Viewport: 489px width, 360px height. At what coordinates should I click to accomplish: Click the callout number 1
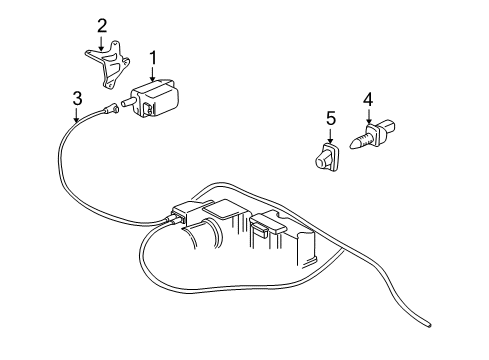[x=153, y=58]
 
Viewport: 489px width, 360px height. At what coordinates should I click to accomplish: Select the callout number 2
[x=102, y=25]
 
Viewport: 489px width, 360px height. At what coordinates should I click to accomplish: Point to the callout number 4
[x=368, y=100]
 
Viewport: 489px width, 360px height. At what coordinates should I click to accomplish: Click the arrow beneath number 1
[x=153, y=74]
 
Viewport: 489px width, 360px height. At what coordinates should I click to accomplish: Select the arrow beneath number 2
[x=102, y=41]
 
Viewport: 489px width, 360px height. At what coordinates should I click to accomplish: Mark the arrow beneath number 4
[x=368, y=116]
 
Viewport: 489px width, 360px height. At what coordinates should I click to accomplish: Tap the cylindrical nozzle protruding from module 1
[x=129, y=101]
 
